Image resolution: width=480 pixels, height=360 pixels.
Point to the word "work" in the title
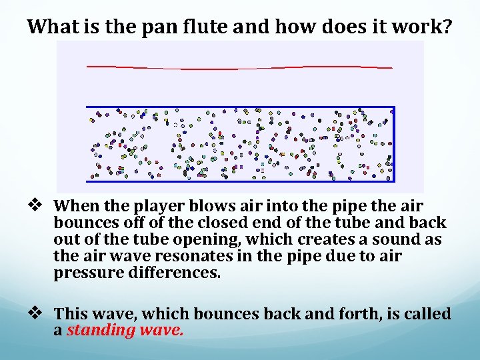tap(418, 27)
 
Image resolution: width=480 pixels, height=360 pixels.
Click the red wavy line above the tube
tap(240, 68)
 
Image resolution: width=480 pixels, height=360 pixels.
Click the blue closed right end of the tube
tap(394, 144)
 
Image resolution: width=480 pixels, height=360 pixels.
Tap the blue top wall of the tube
tap(240, 107)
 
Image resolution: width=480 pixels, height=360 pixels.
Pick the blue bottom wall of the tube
tap(240, 181)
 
